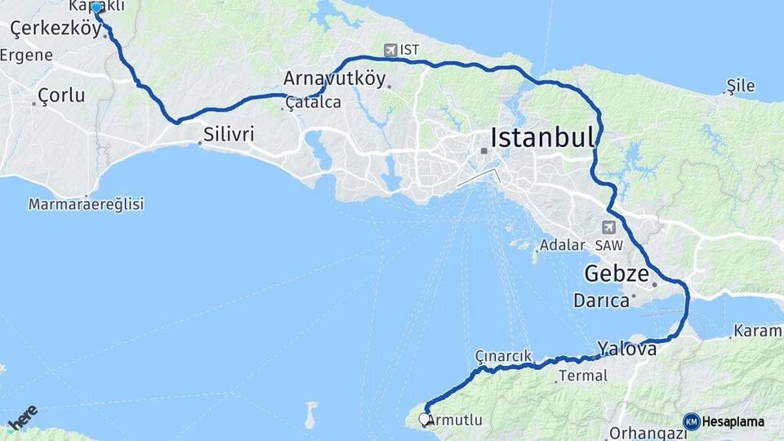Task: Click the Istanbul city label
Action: tap(542, 136)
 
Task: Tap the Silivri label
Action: tap(229, 133)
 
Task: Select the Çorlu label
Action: tap(62, 95)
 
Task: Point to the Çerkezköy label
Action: tap(56, 29)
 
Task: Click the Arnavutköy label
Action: tap(334, 78)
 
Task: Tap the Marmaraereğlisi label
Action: tap(86, 204)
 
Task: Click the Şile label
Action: tap(741, 86)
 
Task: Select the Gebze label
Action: tap(616, 273)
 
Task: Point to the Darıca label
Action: tap(601, 301)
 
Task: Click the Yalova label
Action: tap(627, 349)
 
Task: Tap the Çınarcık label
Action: tap(503, 356)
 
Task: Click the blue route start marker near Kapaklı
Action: tap(96, 7)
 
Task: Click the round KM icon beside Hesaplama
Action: tap(691, 421)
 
